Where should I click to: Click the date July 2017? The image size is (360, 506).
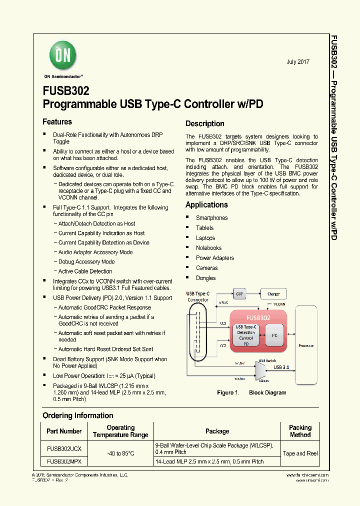[x=298, y=62]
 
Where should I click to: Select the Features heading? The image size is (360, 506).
[x=57, y=122]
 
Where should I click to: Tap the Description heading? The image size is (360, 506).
[x=204, y=123]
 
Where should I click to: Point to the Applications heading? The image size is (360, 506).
[x=206, y=204]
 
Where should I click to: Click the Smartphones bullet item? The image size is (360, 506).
[x=211, y=218]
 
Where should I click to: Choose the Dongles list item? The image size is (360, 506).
[x=205, y=278]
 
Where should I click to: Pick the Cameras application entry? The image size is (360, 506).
[x=206, y=268]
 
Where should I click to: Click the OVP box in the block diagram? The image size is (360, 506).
[x=239, y=294]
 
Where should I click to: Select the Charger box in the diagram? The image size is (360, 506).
[x=273, y=294]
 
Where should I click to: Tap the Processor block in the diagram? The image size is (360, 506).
[x=306, y=345]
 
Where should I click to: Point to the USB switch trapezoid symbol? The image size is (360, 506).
[x=260, y=370]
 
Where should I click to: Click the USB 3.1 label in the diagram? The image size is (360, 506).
[x=281, y=367]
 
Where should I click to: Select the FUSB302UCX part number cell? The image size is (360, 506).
[x=64, y=449]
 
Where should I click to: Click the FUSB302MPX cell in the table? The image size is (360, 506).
[x=64, y=462]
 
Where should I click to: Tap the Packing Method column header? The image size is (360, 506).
[x=300, y=431]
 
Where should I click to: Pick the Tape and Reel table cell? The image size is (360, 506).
[x=300, y=453]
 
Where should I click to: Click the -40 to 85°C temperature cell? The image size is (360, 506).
[x=120, y=453]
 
